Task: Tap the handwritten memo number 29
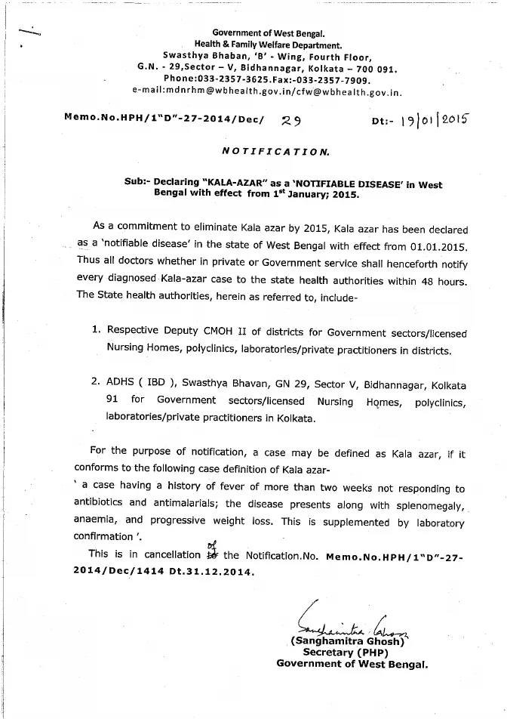(x=290, y=119)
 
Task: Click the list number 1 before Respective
(x=96, y=331)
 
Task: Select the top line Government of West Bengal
(x=269, y=33)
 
